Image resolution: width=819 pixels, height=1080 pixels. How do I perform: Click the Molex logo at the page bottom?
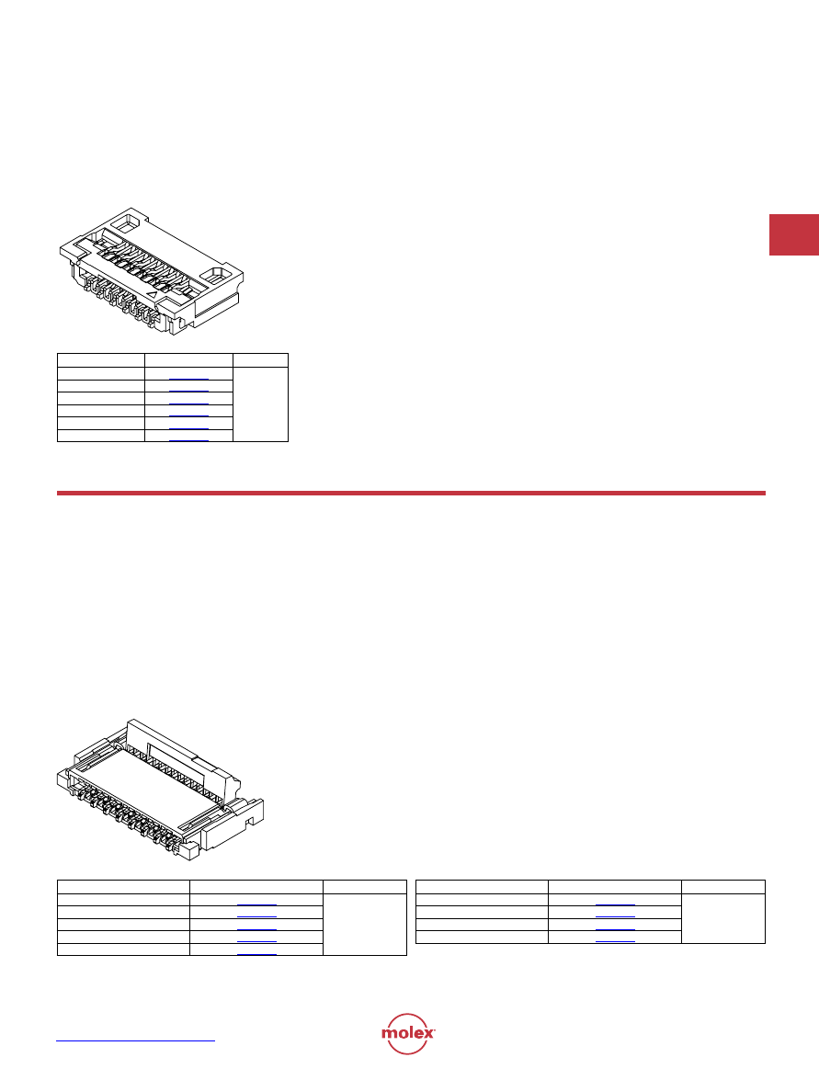tap(408, 1033)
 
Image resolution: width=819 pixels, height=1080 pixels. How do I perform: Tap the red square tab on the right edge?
tap(793, 235)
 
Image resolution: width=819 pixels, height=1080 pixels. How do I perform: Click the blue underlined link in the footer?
tap(135, 1040)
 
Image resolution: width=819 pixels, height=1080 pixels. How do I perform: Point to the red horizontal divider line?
tap(411, 494)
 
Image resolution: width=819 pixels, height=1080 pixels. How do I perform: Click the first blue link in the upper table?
tap(188, 380)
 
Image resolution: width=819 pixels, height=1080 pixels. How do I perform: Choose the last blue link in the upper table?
tap(188, 439)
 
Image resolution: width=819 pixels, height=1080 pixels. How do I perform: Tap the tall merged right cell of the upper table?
tap(260, 404)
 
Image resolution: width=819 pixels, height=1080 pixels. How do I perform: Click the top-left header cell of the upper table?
tap(100, 360)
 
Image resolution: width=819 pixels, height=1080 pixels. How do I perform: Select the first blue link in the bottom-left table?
tap(257, 905)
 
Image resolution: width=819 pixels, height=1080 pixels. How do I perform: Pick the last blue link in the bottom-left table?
tap(257, 955)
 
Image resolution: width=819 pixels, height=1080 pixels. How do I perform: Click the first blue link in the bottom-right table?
tap(615, 905)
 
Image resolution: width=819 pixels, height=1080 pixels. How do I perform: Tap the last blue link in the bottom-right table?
tap(615, 941)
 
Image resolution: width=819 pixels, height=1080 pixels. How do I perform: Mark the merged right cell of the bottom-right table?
tap(723, 919)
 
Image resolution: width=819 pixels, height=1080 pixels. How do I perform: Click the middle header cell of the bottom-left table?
tap(256, 887)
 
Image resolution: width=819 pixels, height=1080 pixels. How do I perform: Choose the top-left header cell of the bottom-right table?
tap(483, 887)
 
